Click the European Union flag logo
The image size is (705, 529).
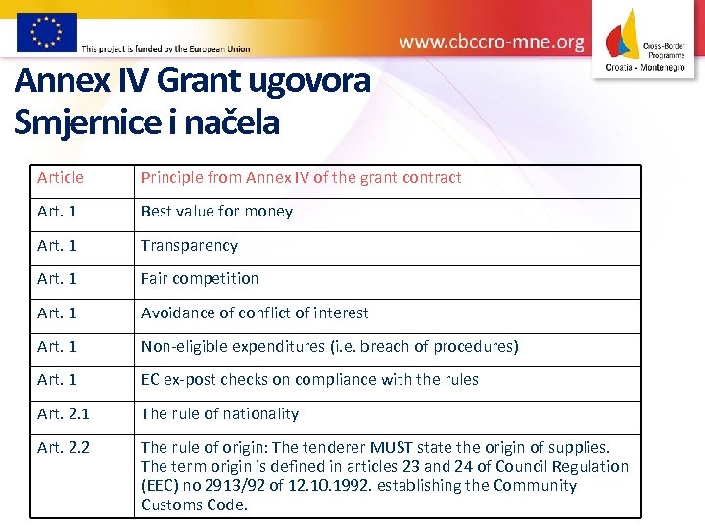point(46,31)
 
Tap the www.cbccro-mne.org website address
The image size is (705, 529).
point(492,42)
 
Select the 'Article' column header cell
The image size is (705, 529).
point(61,178)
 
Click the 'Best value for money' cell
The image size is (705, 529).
point(216,212)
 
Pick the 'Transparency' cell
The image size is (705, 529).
point(189,246)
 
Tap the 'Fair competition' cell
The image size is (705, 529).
point(200,279)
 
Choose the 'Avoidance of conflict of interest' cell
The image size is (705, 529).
point(255,313)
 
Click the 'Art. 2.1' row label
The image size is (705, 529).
point(64,414)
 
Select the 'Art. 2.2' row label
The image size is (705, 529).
point(64,448)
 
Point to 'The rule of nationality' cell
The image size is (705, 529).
point(219,414)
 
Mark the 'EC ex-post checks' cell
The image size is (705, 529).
point(309,380)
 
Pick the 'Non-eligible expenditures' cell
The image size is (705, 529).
point(329,347)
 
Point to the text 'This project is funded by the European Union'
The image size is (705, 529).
point(165,48)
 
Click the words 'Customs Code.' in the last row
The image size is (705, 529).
point(194,505)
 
